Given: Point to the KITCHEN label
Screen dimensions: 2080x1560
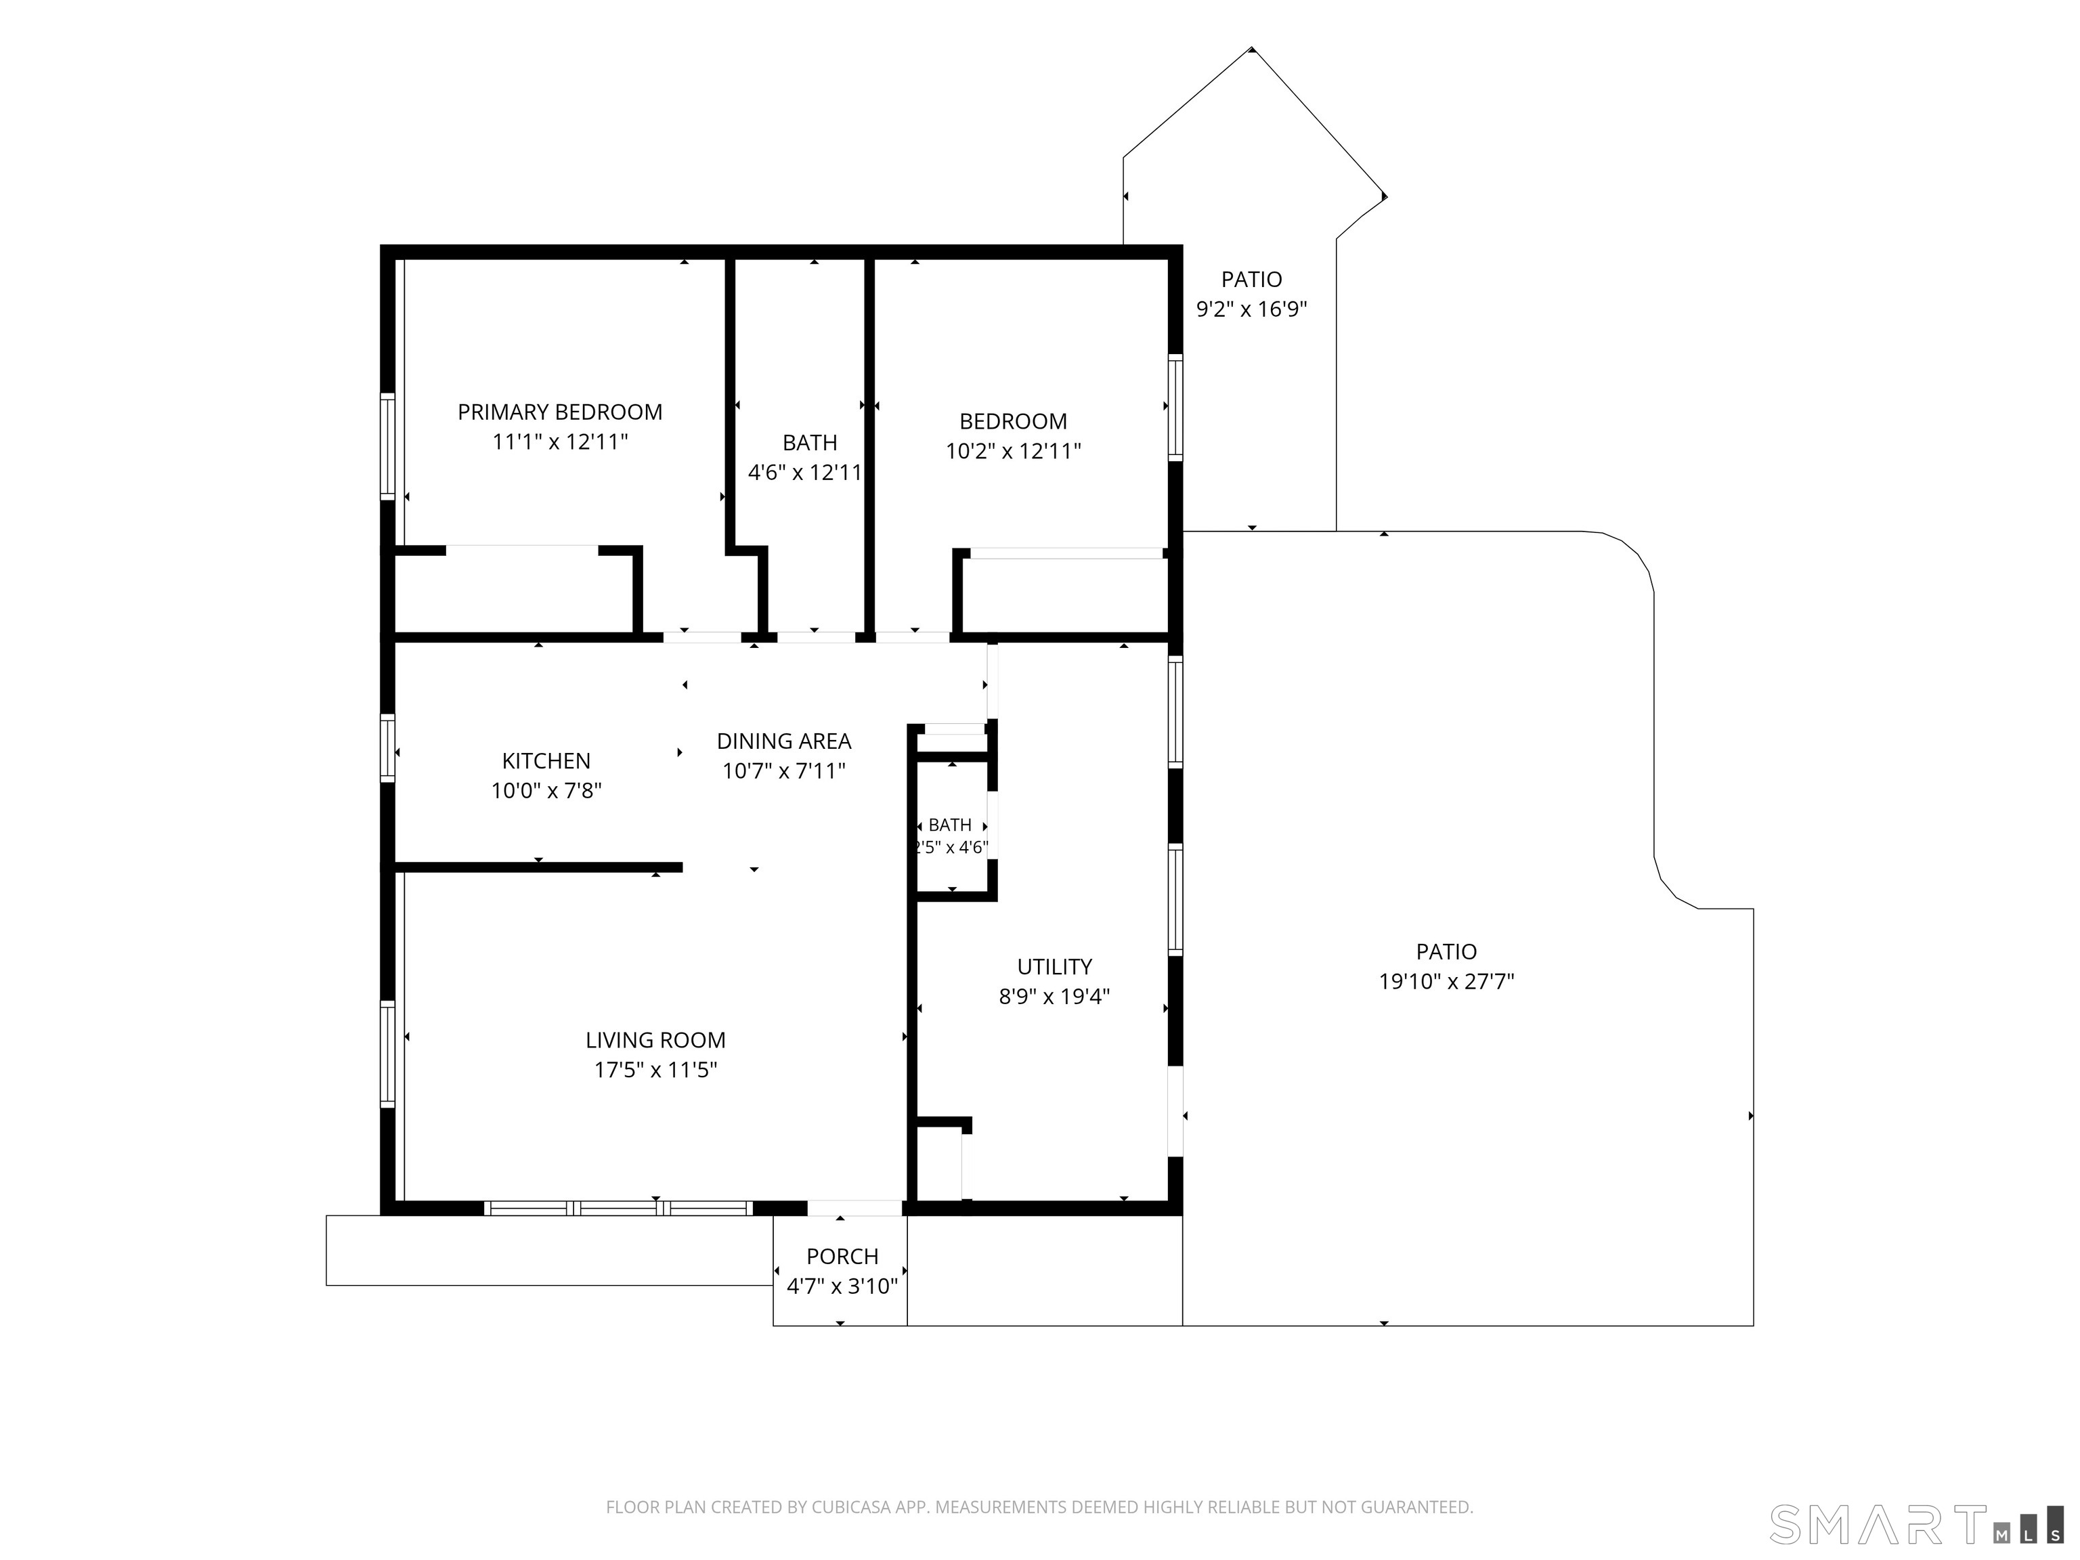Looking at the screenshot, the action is [546, 761].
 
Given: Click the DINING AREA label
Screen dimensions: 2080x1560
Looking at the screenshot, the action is [784, 741].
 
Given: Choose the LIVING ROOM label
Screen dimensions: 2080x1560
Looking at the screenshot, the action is [655, 1040].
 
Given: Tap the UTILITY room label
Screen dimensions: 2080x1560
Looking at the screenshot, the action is [1054, 967].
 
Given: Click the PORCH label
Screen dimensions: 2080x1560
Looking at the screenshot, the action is [842, 1256].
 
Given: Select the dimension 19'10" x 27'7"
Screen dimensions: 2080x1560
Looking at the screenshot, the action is [1446, 982].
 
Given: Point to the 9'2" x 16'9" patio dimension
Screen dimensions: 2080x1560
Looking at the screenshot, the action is [1251, 309].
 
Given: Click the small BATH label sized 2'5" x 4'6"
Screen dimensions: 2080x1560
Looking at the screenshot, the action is [950, 825].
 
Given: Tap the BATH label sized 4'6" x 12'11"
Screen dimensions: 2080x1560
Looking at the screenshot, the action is [810, 443].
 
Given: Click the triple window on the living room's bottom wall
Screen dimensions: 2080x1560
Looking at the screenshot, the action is [619, 1209].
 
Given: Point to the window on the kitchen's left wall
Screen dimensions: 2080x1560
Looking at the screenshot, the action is [387, 747].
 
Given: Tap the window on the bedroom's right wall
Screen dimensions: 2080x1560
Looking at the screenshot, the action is [1175, 407].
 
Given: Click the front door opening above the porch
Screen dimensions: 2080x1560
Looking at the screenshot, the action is [854, 1209].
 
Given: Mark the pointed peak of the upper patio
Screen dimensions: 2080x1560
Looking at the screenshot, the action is [1251, 48].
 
